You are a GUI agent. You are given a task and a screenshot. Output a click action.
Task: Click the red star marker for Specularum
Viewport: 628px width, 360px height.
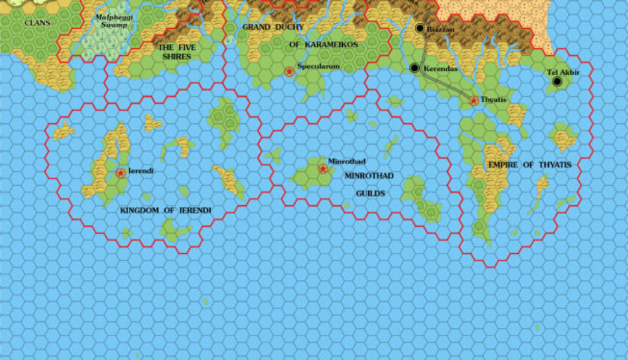(x=290, y=71)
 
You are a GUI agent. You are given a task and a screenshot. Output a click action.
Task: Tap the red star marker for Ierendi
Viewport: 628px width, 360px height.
(x=120, y=173)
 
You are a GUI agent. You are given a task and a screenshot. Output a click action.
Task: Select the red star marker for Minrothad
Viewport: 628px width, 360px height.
(x=323, y=169)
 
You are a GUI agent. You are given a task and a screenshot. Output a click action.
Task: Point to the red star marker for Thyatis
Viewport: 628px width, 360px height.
(x=474, y=101)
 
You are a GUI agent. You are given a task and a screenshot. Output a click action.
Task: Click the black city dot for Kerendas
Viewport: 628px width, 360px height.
(x=415, y=68)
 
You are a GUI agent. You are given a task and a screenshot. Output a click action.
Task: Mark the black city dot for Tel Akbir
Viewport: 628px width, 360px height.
(x=557, y=82)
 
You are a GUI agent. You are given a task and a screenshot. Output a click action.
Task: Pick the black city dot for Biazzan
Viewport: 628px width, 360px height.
(x=420, y=28)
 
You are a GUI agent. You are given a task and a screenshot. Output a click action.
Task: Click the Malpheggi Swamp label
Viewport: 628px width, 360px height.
(x=111, y=21)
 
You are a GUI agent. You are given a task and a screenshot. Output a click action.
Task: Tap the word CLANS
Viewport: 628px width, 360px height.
(x=37, y=23)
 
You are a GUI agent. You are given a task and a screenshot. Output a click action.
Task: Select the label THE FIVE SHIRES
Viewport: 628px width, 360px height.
(x=177, y=51)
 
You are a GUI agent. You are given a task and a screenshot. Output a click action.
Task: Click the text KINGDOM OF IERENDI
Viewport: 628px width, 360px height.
(x=166, y=211)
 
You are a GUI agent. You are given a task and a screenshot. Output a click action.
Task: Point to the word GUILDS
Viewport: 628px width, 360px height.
(x=370, y=193)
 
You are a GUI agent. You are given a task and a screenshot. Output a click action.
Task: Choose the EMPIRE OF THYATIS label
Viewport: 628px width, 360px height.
(x=530, y=165)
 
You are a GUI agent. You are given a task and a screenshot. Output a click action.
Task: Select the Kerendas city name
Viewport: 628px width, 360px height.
(x=441, y=69)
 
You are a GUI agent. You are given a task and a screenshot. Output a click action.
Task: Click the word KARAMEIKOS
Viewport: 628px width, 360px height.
(x=324, y=44)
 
